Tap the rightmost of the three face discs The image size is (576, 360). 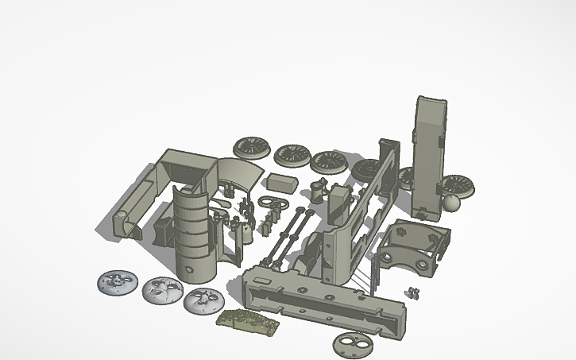coord(203,300)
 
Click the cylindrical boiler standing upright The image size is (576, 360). coord(194,230)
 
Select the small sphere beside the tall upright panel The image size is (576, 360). coord(451,203)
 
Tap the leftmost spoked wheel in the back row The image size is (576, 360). coord(252,147)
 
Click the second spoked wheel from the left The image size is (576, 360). coord(293,155)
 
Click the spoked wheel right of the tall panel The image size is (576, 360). coord(459,185)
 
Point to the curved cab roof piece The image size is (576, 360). coord(241,171)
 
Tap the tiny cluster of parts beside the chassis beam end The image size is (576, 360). coord(412,292)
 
